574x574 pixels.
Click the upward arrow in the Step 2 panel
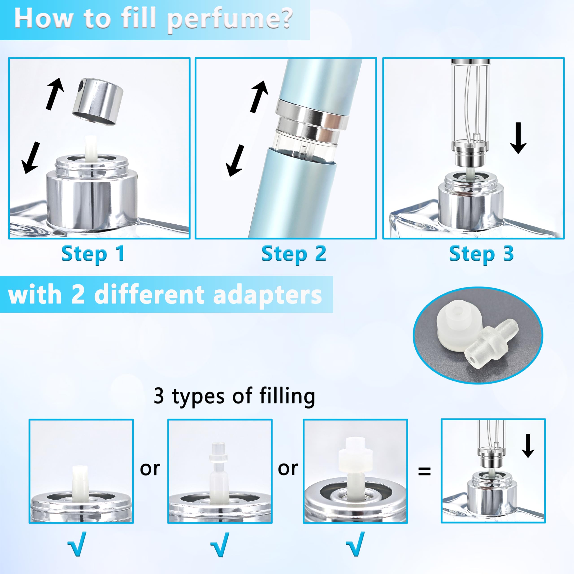click(259, 97)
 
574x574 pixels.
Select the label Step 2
click(294, 254)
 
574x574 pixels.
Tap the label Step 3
click(481, 254)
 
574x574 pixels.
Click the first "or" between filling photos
click(150, 469)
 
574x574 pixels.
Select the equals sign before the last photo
click(424, 471)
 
